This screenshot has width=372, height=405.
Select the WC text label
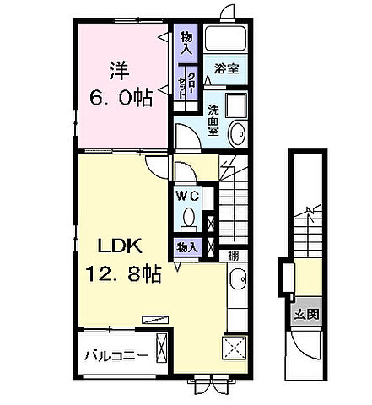tap(187, 196)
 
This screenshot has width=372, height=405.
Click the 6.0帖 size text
tap(121, 98)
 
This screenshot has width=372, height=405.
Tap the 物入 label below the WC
tap(186, 247)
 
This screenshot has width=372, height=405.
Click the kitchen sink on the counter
tap(239, 280)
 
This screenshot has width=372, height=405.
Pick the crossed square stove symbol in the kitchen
tap(234, 348)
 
